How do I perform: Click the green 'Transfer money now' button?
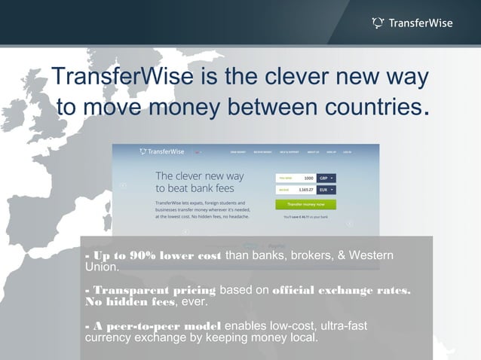point(305,203)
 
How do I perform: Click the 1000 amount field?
point(296,178)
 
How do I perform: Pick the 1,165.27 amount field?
point(296,191)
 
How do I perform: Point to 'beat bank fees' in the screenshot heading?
point(200,188)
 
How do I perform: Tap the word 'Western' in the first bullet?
point(369,256)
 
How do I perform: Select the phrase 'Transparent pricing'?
point(151,291)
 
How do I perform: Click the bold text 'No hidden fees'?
point(130,302)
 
